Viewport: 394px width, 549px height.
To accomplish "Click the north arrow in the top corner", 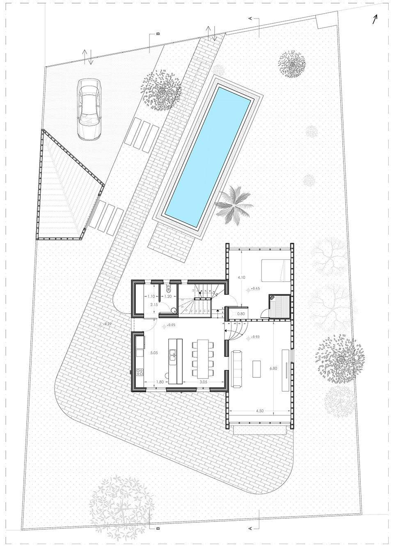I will click(375, 19).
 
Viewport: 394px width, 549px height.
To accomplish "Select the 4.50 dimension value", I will click(260, 410).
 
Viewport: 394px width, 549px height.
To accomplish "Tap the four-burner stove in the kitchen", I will click(140, 372).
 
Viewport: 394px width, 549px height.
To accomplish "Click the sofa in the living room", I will click(237, 368).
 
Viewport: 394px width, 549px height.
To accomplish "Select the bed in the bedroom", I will click(276, 270).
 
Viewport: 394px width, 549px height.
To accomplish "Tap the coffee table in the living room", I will click(257, 368).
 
